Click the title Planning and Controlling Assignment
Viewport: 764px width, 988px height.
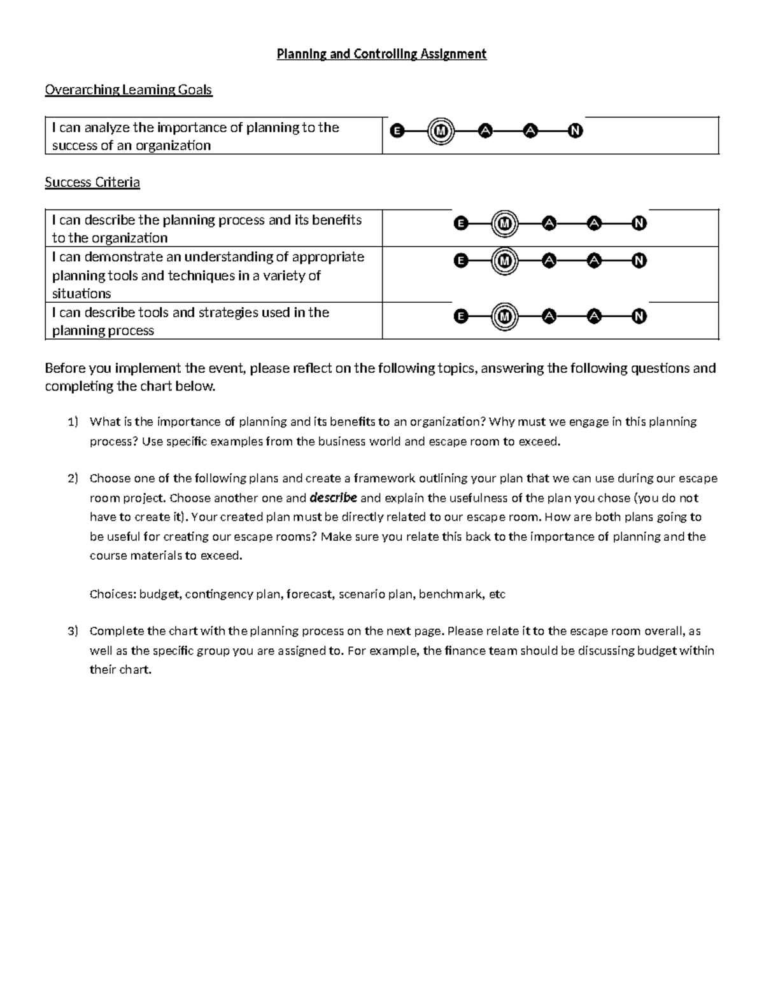[x=381, y=54]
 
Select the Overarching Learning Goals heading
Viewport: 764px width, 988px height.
[x=128, y=90]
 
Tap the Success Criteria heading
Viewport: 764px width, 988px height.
[x=92, y=183]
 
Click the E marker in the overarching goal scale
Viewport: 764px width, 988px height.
[x=397, y=131]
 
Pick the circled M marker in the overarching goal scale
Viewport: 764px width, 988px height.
[x=441, y=131]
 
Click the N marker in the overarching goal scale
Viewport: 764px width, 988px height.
[x=575, y=131]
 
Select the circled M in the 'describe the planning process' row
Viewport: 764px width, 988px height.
[x=505, y=224]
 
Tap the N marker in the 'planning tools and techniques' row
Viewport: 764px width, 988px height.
[x=639, y=261]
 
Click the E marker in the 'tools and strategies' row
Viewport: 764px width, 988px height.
[x=461, y=317]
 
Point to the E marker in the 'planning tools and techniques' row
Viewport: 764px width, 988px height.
[x=461, y=261]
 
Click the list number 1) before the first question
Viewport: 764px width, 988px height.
[x=72, y=422]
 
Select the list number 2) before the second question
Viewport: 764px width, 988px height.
[x=72, y=478]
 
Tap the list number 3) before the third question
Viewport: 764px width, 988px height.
[x=72, y=631]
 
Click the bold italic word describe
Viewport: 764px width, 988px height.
[x=332, y=497]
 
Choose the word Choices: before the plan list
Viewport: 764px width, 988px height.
[x=112, y=594]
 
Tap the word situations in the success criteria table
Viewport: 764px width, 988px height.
[x=81, y=294]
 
